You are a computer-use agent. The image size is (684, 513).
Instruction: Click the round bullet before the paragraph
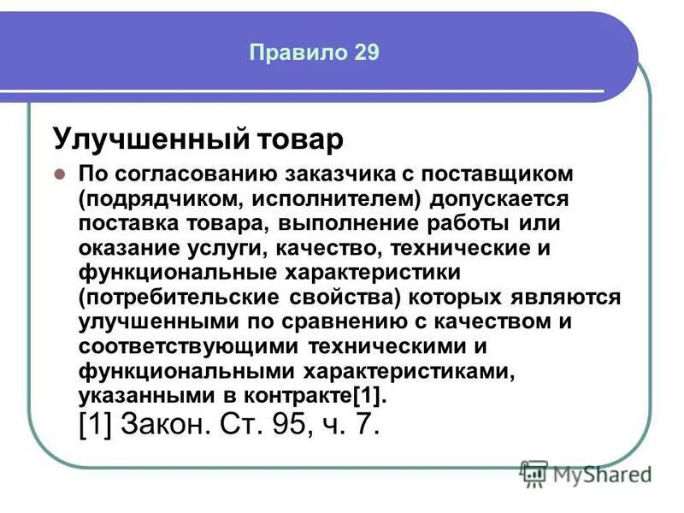tap(61, 174)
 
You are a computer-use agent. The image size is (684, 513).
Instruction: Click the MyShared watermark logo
tap(586, 473)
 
